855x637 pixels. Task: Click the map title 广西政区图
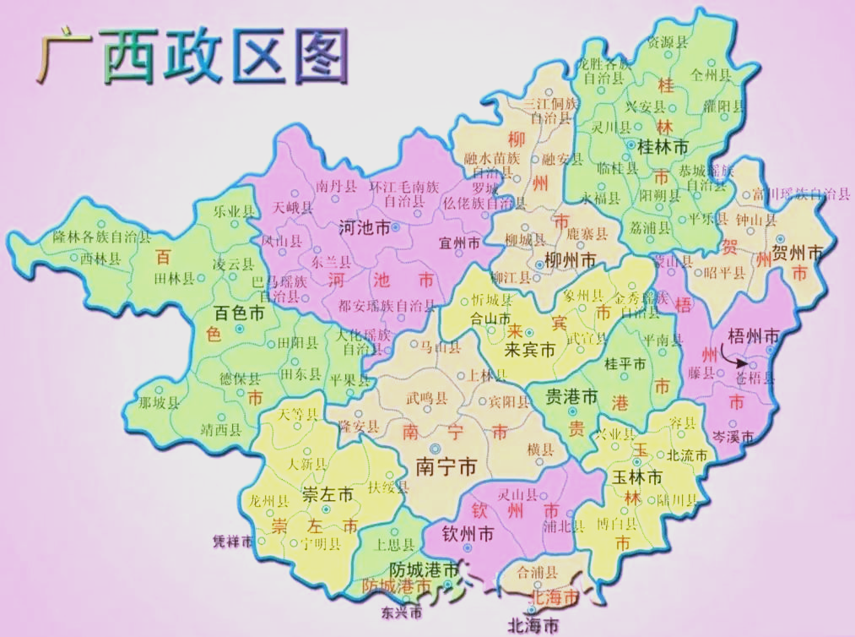tap(193, 57)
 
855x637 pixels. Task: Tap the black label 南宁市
tap(446, 467)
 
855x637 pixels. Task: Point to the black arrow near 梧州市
tap(730, 357)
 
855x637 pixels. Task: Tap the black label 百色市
tap(239, 313)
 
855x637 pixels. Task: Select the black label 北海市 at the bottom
tap(533, 626)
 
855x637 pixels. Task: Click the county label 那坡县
tap(159, 402)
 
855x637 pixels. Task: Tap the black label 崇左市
tap(327, 497)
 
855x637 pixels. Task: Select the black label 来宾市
tap(528, 349)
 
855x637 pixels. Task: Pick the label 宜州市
tap(460, 243)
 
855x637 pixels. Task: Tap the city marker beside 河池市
tap(396, 228)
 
